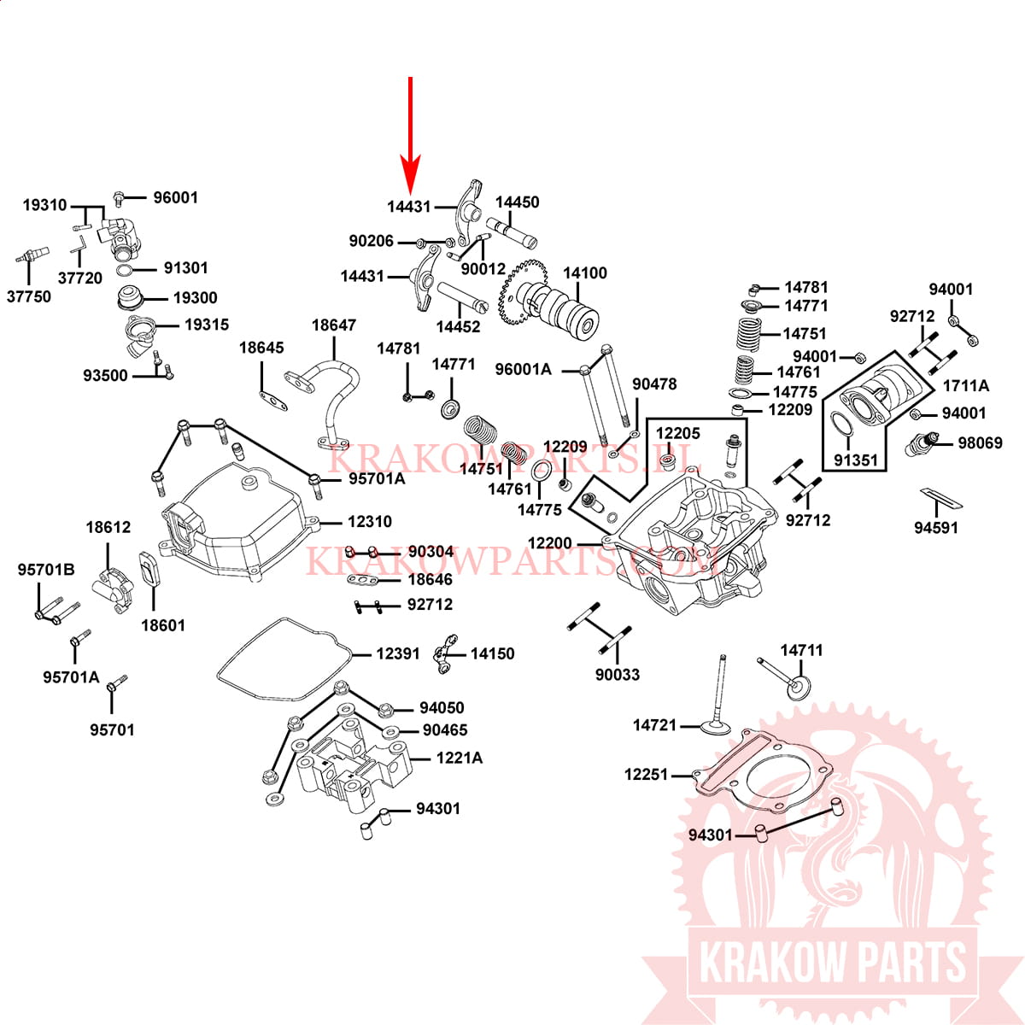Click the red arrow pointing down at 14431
pyautogui.click(x=410, y=136)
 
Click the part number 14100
pyautogui.click(x=584, y=272)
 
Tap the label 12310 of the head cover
pyautogui.click(x=370, y=521)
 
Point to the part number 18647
pyautogui.click(x=333, y=325)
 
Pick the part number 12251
pyautogui.click(x=647, y=775)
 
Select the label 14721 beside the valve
pyautogui.click(x=655, y=725)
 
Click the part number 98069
pyautogui.click(x=981, y=442)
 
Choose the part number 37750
pyautogui.click(x=29, y=296)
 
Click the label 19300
pyautogui.click(x=196, y=297)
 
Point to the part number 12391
pyautogui.click(x=398, y=653)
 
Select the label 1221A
pyautogui.click(x=460, y=758)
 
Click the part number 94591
pyautogui.click(x=936, y=528)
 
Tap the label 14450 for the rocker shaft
pyautogui.click(x=518, y=202)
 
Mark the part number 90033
pyautogui.click(x=618, y=675)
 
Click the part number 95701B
pyautogui.click(x=46, y=570)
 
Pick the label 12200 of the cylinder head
pyautogui.click(x=550, y=543)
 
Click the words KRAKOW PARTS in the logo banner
pyautogui.click(x=833, y=962)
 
